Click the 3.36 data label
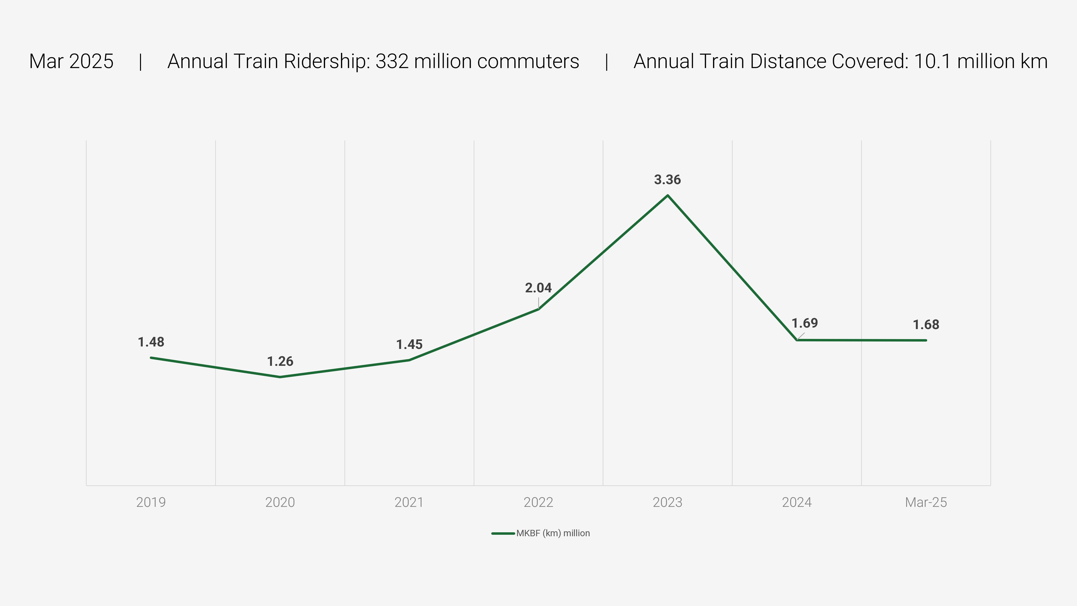667,180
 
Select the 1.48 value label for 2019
151,342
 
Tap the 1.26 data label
280,361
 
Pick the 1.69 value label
804,323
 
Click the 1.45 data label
409,345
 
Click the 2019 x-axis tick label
151,502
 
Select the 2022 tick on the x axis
538,502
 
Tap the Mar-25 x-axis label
926,502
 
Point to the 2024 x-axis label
796,502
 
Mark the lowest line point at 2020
280,377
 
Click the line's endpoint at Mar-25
926,340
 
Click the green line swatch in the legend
503,533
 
